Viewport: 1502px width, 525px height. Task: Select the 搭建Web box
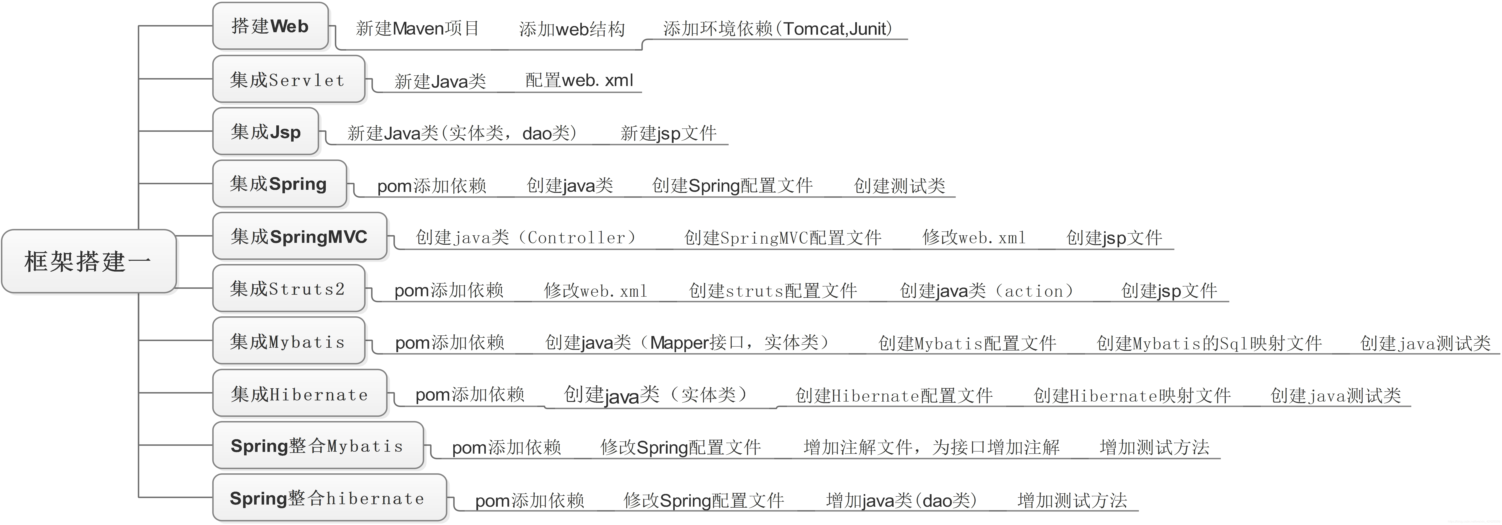coord(270,26)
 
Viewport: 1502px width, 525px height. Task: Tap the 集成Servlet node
coord(288,79)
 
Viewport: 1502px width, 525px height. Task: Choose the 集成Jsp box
coord(265,131)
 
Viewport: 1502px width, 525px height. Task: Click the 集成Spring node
coord(279,184)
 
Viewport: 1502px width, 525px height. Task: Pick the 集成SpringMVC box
coord(299,236)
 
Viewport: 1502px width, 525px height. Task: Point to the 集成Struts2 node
coord(288,289)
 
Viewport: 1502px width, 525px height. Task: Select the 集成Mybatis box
coord(288,341)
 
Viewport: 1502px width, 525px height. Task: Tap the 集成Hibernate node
coord(299,394)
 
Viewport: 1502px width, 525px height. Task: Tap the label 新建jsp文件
coord(668,133)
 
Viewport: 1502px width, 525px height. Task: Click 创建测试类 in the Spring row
coord(899,186)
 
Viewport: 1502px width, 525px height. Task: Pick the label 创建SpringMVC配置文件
coord(783,237)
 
